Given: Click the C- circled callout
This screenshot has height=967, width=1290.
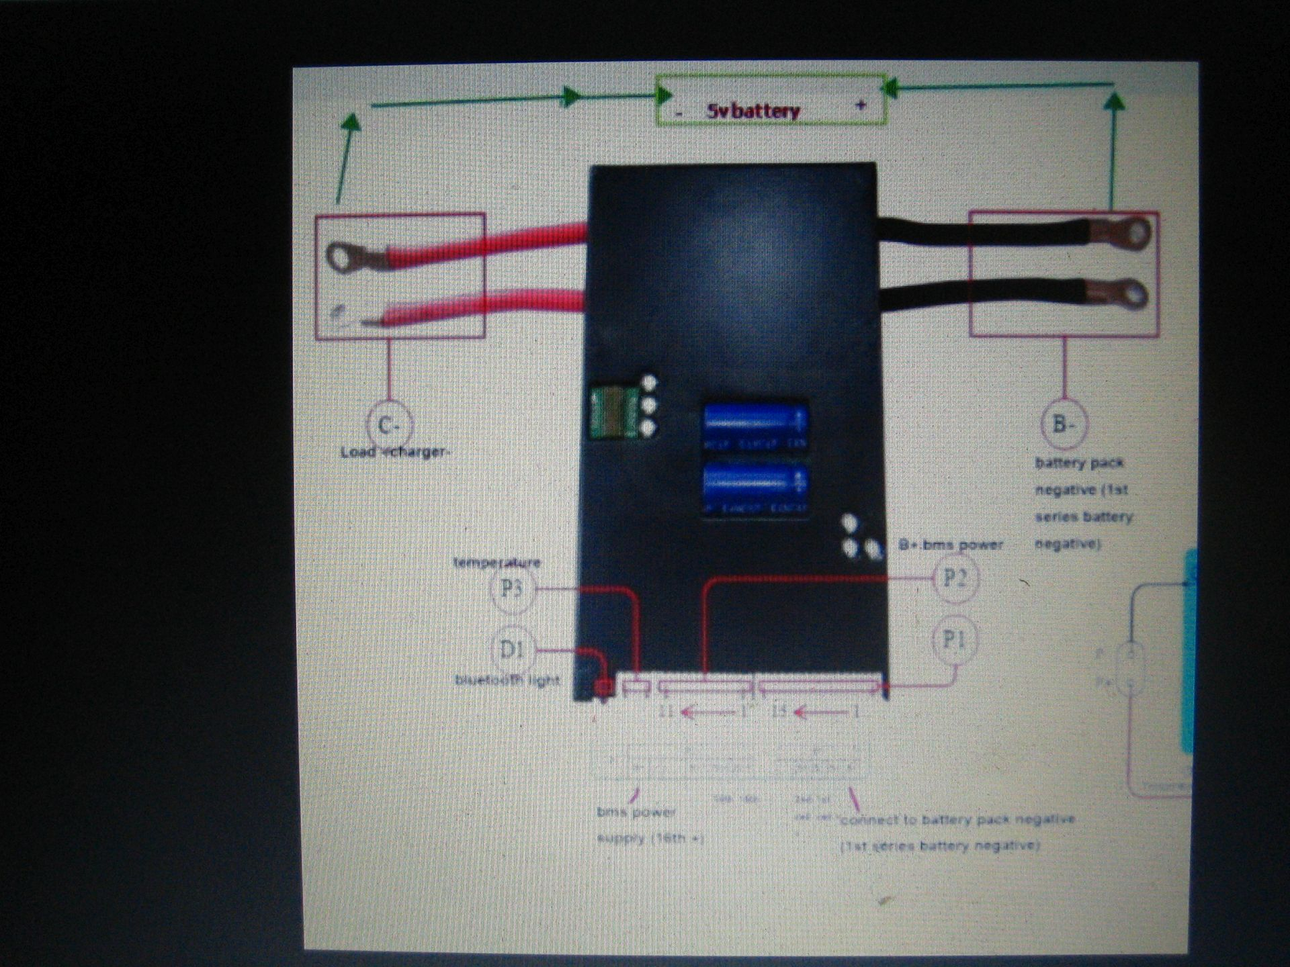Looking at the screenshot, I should [x=389, y=424].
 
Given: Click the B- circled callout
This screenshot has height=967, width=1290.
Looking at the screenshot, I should [x=1064, y=424].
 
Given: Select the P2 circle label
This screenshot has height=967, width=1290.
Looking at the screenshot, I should [x=955, y=577].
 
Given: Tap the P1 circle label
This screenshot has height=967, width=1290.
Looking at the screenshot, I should [x=954, y=639].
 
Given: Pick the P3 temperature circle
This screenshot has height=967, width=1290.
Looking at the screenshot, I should [x=511, y=589].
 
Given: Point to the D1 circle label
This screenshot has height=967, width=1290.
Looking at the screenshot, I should [x=512, y=649].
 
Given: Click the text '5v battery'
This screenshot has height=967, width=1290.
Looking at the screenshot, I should [x=752, y=111].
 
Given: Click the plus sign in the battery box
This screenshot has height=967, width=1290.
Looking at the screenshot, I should [x=861, y=105].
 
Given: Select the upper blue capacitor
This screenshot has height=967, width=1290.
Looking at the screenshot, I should [x=755, y=426].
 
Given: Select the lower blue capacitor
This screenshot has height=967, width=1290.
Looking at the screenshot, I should [x=755, y=487].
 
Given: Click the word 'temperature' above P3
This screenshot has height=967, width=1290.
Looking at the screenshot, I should [x=497, y=562].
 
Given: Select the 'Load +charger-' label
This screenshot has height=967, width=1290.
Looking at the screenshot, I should [x=394, y=452].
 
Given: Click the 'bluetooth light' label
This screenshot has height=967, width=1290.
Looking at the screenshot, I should [x=507, y=680].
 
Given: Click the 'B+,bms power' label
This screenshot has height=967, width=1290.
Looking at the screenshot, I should [x=950, y=545].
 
